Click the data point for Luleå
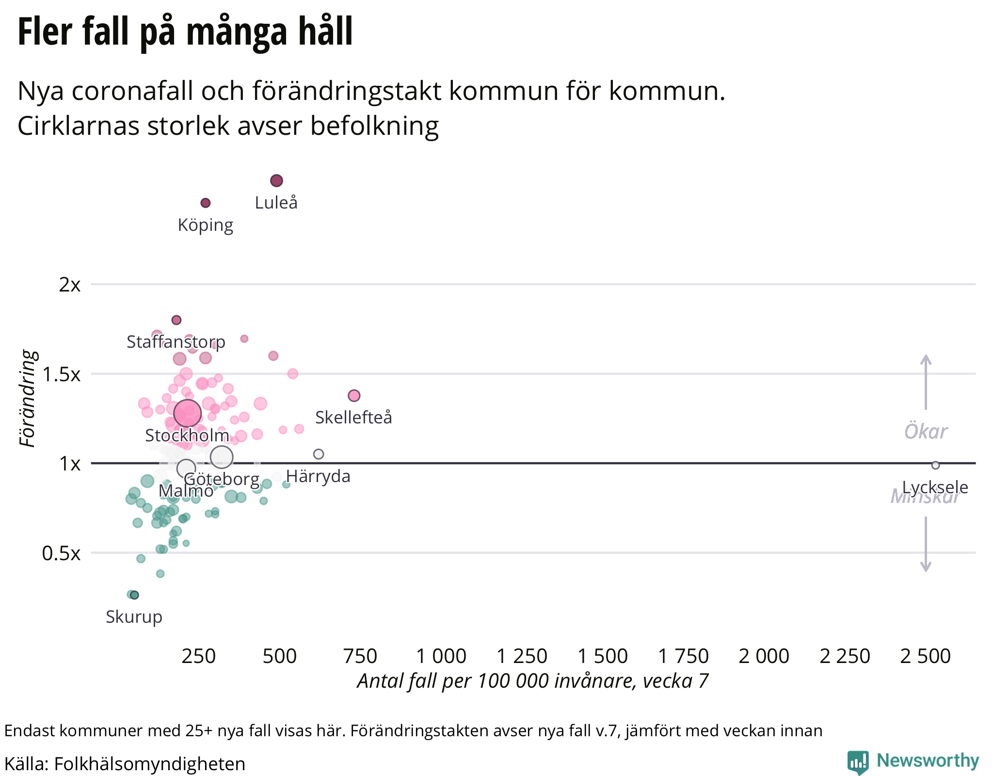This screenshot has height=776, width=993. (x=276, y=181)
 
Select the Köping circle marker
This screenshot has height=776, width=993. (x=206, y=203)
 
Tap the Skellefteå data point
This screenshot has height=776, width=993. (x=354, y=396)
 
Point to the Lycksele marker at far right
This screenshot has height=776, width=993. (x=935, y=465)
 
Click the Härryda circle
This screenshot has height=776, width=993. (x=319, y=454)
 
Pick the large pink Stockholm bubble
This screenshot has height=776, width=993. (x=187, y=413)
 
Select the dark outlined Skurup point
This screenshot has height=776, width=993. (x=135, y=595)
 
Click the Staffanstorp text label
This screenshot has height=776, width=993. (x=176, y=342)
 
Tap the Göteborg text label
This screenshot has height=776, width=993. (x=222, y=479)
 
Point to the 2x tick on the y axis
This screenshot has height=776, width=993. (x=70, y=285)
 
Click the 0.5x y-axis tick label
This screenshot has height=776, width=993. (x=62, y=553)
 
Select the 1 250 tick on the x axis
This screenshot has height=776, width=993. (x=522, y=656)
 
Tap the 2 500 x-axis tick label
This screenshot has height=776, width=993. (x=926, y=656)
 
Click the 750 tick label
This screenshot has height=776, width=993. (x=360, y=656)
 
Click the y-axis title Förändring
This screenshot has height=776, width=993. (x=28, y=398)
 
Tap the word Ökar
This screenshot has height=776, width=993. (x=926, y=431)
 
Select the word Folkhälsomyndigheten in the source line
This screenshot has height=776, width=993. (x=150, y=764)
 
